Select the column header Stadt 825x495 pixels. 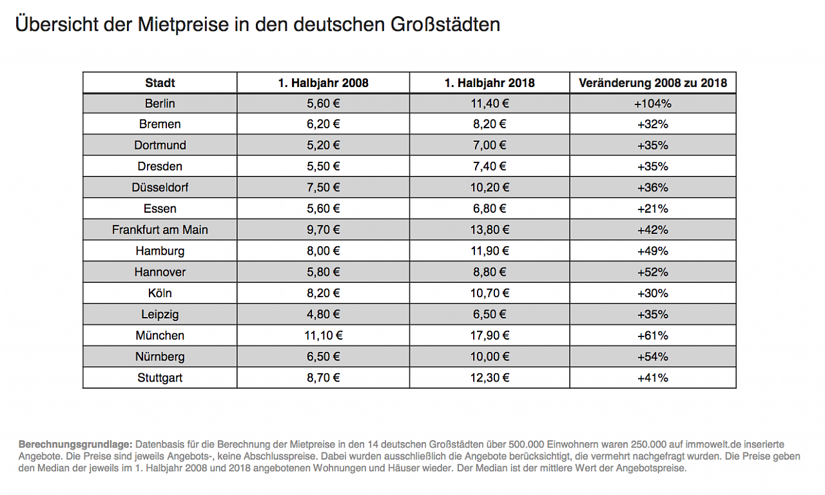[160, 82]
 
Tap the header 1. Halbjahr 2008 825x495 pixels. [323, 82]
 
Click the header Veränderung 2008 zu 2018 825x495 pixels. [652, 82]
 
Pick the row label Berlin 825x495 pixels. [160, 103]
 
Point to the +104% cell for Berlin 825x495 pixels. [652, 103]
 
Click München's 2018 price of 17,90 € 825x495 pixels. [489, 336]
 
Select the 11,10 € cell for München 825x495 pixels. [323, 336]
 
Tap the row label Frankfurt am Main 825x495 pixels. [160, 230]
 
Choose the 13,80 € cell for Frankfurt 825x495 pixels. [489, 230]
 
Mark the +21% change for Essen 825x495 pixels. [652, 209]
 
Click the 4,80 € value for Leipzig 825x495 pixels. [323, 315]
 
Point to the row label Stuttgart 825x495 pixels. [160, 378]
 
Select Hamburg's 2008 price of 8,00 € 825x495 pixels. [323, 251]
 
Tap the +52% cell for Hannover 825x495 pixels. [652, 272]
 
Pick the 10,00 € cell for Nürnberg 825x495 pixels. [489, 356]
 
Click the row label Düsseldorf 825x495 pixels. [160, 188]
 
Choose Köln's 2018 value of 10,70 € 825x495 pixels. [489, 293]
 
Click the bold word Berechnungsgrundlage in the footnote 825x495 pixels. [75, 445]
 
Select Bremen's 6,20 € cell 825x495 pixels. [323, 124]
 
